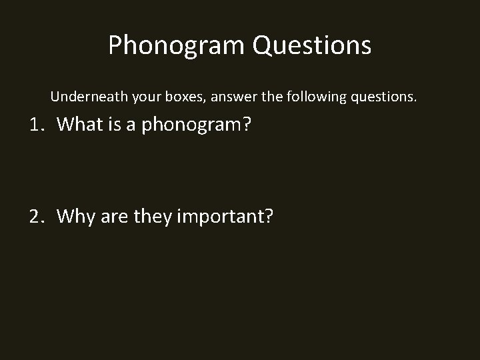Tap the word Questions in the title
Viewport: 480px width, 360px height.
[x=311, y=45]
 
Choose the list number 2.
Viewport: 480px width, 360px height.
[x=37, y=216]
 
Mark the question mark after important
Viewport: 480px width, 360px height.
[x=269, y=216]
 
